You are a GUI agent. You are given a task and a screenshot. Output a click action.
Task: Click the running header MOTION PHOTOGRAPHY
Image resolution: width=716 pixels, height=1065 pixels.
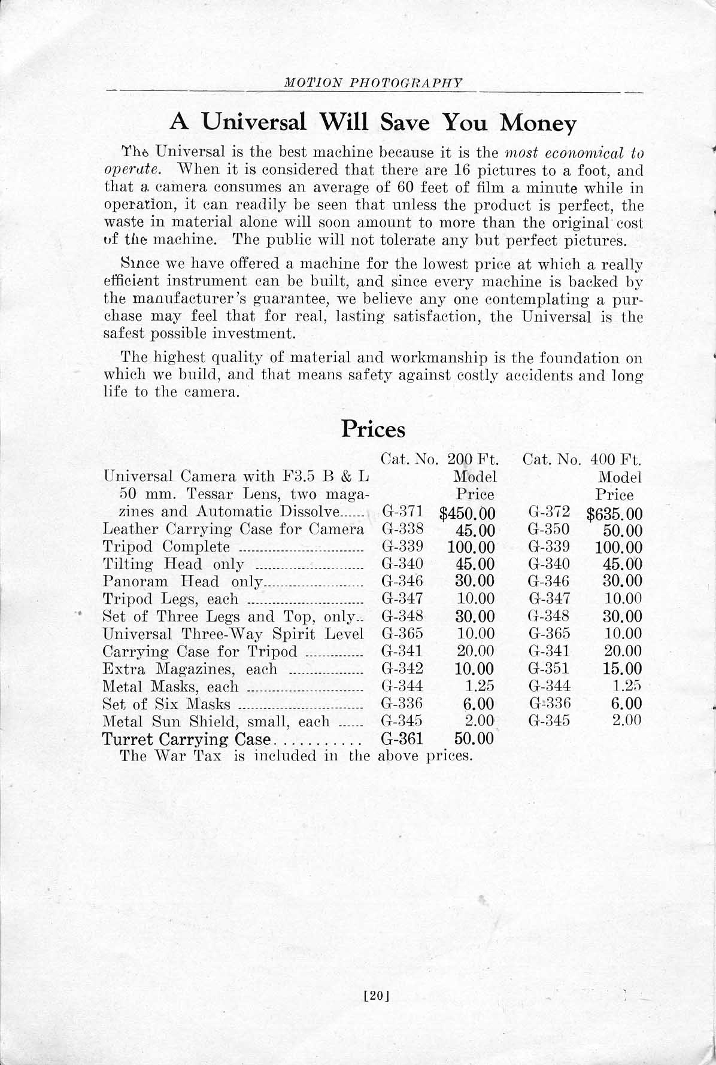(374, 83)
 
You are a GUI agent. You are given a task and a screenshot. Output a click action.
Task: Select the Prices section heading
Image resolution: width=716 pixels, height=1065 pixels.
(373, 430)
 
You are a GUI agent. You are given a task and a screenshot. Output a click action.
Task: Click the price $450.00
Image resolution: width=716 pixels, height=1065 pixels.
(467, 513)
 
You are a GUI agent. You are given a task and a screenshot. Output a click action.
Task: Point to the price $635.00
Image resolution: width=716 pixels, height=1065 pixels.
(614, 513)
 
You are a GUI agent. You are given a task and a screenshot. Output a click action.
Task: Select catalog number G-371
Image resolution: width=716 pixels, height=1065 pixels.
(402, 512)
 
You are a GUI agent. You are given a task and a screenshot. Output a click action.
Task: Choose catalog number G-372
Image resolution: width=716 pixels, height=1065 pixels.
(550, 512)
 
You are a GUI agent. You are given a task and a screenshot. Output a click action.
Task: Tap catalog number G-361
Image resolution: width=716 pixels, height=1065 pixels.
(402, 739)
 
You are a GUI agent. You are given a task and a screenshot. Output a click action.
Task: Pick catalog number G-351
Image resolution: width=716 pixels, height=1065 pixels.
(550, 668)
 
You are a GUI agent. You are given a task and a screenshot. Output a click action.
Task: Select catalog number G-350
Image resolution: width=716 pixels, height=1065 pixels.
(550, 530)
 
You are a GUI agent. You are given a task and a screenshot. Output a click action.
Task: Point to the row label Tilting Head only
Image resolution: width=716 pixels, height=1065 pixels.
(174, 564)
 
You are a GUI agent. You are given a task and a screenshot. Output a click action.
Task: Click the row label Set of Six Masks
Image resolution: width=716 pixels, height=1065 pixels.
(166, 704)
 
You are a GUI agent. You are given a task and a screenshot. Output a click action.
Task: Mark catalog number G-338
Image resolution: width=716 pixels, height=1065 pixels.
(402, 530)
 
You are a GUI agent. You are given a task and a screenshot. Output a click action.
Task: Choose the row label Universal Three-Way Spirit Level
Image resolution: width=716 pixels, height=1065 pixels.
(233, 634)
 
